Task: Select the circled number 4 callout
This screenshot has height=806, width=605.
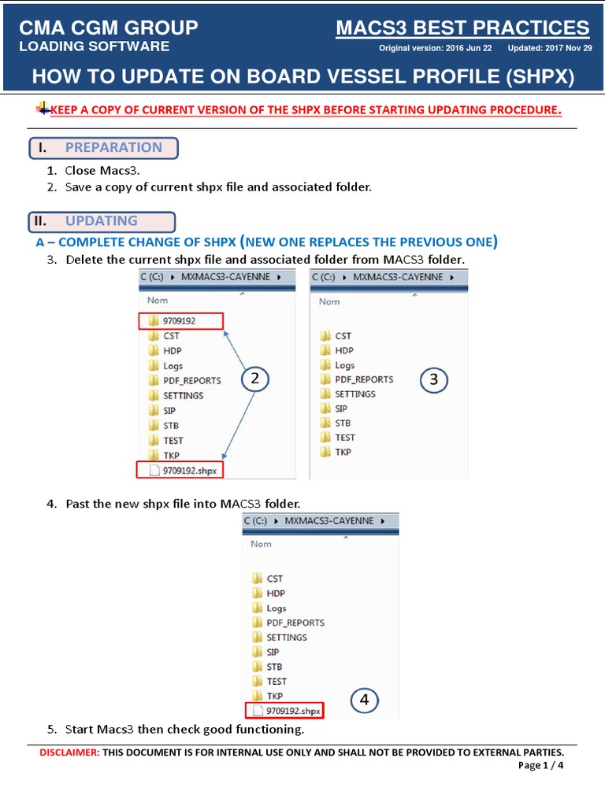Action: coord(364,699)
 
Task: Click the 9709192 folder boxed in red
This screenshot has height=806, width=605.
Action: coord(180,320)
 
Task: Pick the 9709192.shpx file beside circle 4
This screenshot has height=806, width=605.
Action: coord(286,711)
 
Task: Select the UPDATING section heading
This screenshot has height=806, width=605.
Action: coord(101,221)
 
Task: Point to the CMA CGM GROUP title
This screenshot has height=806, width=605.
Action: coord(109,28)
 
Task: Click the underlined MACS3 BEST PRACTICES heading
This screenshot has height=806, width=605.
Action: coord(462,28)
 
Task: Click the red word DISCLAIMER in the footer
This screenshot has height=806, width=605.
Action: coord(69,752)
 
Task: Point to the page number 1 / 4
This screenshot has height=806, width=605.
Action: coord(551,766)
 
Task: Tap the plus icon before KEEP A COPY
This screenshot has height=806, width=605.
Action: coord(43,108)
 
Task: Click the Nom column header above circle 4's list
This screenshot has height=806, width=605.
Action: coord(261,544)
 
